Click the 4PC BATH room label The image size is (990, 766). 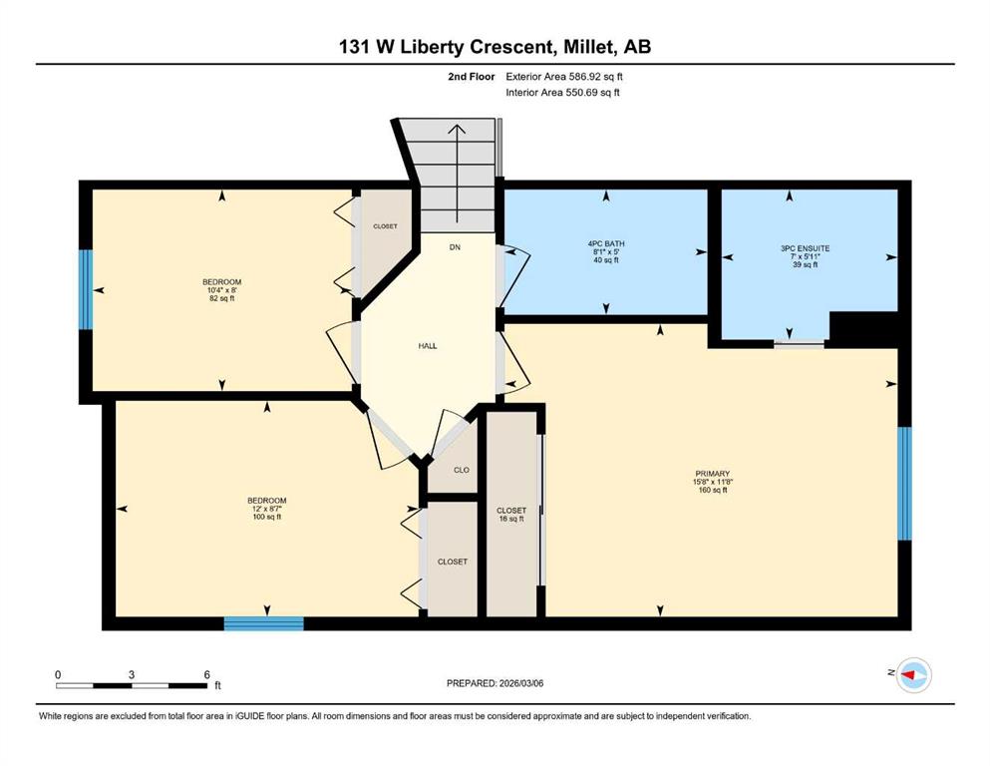[606, 243]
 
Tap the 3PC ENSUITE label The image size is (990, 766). [805, 248]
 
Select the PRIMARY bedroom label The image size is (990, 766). [712, 474]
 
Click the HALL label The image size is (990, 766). [428, 346]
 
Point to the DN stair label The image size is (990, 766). [455, 247]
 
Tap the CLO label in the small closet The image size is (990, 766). [462, 470]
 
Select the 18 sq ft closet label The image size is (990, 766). [511, 519]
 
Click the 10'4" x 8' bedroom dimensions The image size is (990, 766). [221, 290]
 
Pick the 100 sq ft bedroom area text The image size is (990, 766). [267, 518]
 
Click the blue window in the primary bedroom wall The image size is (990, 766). [905, 484]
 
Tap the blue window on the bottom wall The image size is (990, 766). [264, 623]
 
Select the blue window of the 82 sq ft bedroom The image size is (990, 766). [85, 289]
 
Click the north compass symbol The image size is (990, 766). [913, 675]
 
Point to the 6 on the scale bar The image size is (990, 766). [206, 674]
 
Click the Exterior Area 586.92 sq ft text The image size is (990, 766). [564, 77]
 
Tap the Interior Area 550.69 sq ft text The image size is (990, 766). [562, 92]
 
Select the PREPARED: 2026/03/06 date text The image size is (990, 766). [495, 683]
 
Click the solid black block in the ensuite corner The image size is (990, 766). [863, 329]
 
